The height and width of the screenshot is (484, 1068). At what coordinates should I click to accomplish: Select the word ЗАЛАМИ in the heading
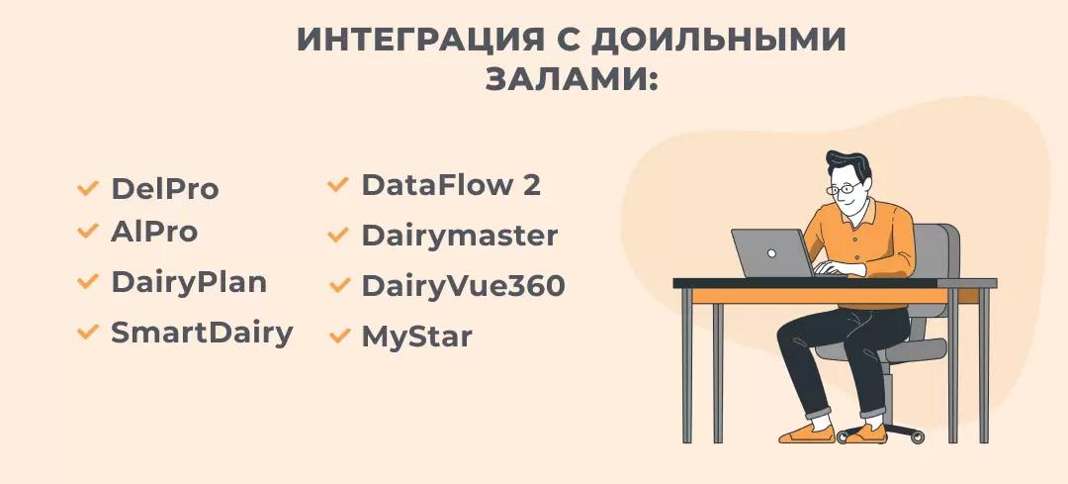tap(565, 79)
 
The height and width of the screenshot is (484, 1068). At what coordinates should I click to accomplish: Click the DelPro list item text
tap(164, 188)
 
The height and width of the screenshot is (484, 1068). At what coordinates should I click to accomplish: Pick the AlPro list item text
tap(153, 232)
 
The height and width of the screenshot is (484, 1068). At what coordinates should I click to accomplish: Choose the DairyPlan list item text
tap(188, 282)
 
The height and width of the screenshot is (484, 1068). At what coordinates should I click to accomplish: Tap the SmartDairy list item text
tap(202, 333)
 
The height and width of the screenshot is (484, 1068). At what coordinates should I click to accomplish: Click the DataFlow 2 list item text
tap(451, 185)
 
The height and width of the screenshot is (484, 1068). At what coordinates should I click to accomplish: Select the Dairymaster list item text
tap(459, 237)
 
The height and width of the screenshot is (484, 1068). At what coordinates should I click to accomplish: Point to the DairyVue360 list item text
tap(463, 286)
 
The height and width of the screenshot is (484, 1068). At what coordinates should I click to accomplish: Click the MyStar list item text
tap(416, 337)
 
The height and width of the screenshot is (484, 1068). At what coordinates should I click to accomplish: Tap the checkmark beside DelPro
tap(88, 186)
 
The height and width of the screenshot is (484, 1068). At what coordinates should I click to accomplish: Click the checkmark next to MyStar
tap(339, 336)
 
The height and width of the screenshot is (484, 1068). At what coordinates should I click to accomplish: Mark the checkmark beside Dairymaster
tap(339, 236)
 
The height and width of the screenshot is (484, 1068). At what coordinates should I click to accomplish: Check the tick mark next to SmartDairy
tap(88, 332)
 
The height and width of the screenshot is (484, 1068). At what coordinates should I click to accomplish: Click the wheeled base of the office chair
tap(881, 433)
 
